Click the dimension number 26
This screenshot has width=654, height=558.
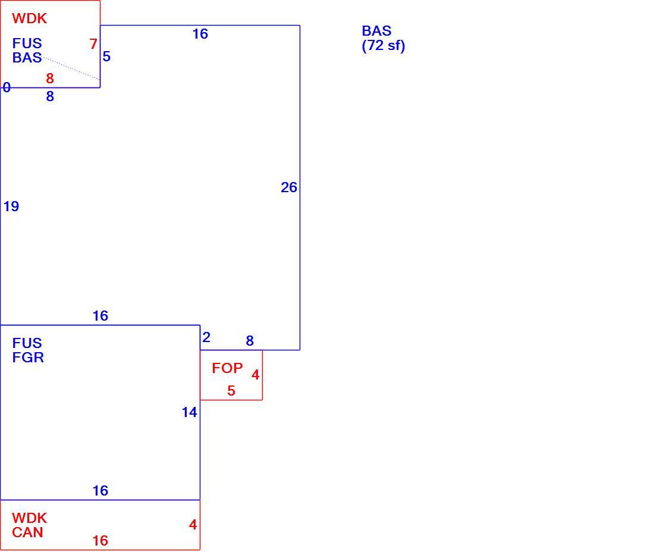288,187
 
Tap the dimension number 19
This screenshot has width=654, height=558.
11,206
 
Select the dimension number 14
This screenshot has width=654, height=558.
189,412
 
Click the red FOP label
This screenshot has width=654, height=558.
227,368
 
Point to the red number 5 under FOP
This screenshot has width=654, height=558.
231,391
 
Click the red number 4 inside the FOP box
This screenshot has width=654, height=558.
255,375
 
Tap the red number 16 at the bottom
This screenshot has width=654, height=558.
100,541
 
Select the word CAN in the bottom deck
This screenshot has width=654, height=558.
27,532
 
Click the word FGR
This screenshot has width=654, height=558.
28,358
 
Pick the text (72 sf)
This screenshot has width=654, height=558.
383,45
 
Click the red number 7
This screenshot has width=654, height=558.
93,44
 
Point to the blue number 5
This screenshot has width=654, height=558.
106,57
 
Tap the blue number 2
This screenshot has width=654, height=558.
206,337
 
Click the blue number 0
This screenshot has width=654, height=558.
7,87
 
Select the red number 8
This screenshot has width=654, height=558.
50,78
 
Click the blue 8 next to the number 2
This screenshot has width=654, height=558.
250,341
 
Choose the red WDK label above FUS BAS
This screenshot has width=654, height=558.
30,18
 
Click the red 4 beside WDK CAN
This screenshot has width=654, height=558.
193,525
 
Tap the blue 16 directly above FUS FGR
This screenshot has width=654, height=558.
100,316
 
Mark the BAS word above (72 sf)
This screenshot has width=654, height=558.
376,31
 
